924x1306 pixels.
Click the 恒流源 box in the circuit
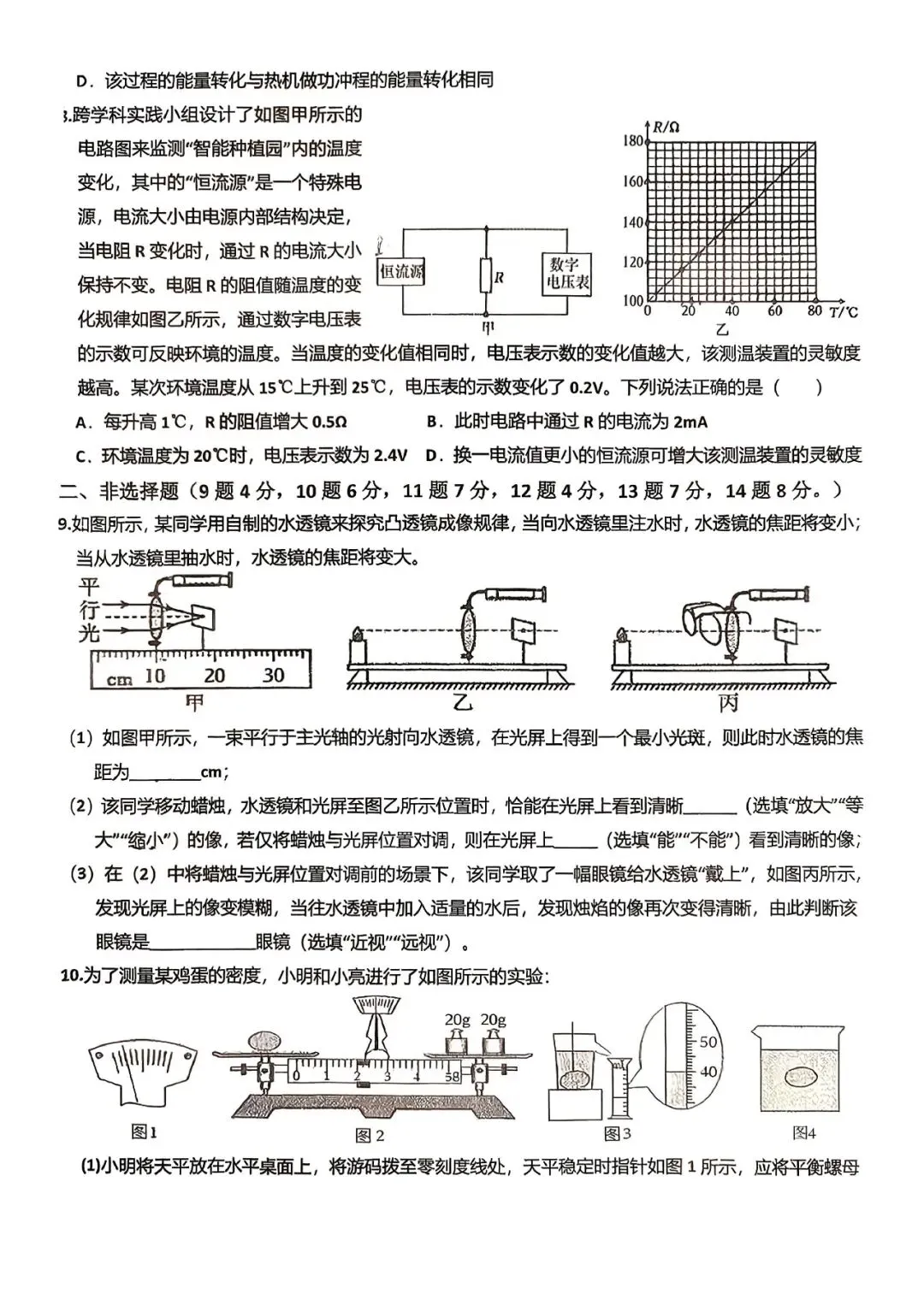coord(402,272)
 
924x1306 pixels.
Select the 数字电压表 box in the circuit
coord(566,273)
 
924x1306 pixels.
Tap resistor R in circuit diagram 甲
coord(485,276)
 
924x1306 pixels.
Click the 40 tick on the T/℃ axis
coord(731,311)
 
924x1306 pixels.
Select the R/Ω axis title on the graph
coord(666,127)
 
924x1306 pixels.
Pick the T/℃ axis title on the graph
coord(844,311)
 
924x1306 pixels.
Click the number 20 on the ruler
coord(214,675)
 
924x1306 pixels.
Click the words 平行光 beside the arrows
coord(89,610)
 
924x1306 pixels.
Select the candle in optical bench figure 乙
coord(356,638)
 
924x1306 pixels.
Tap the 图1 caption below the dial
coord(144,1132)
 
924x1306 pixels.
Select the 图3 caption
coord(617,1133)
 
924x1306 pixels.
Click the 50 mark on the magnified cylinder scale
coord(708,1042)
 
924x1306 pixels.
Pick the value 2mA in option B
coord(690,422)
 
